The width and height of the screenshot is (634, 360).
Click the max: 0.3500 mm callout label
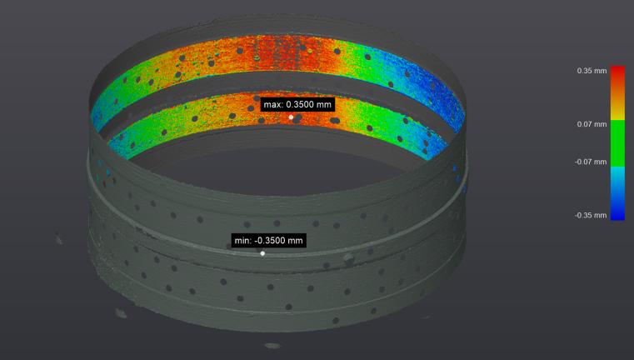(297, 104)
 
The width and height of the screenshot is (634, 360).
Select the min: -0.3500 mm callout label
(268, 240)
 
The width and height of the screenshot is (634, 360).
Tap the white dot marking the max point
(291, 117)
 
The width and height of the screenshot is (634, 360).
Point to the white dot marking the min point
(262, 253)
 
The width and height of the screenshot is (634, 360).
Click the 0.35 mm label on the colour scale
(592, 71)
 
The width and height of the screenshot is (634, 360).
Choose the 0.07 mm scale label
(592, 124)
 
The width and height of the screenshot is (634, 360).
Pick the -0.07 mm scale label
(591, 162)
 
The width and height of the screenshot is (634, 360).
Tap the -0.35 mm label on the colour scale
(591, 215)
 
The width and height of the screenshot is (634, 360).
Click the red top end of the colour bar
(617, 71)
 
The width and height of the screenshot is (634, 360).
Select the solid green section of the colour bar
(617, 143)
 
